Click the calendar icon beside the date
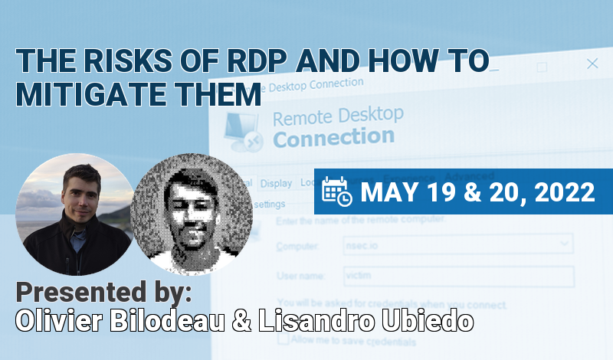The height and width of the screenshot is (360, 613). (x=337, y=191)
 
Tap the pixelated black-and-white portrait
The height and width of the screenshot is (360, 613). (x=192, y=214)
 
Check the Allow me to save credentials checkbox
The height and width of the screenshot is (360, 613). (x=284, y=339)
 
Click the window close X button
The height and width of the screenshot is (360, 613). (x=592, y=64)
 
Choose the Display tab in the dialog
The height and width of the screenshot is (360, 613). (x=276, y=183)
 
